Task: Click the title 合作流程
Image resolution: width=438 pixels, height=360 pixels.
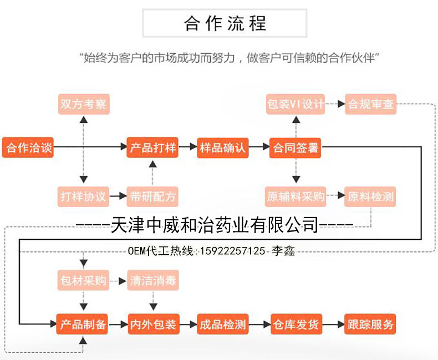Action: tap(225, 23)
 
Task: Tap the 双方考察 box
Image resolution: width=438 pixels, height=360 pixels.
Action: tap(84, 104)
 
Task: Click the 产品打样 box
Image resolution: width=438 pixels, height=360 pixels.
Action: tap(152, 148)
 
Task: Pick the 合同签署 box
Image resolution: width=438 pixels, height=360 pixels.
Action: tap(296, 148)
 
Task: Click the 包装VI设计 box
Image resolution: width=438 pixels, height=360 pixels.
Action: tap(295, 104)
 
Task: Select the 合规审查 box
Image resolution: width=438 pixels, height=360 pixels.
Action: tap(371, 104)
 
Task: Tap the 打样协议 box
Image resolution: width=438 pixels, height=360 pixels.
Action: tap(84, 196)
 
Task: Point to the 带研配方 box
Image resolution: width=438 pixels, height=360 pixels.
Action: tap(152, 196)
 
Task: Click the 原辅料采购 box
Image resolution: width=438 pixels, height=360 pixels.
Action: tap(295, 196)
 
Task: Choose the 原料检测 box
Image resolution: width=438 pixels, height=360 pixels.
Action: tap(371, 196)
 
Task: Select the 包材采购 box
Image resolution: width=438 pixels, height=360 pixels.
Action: tap(83, 280)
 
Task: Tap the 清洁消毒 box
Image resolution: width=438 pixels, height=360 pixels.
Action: tap(152, 280)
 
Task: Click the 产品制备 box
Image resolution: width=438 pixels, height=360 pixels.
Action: tap(83, 324)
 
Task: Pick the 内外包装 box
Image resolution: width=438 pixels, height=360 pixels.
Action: tap(152, 324)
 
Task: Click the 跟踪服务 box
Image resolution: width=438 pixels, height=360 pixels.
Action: tap(370, 324)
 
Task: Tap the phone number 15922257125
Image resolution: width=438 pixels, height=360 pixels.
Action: tap(232, 251)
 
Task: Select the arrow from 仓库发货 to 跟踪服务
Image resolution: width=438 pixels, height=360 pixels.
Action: tap(333, 324)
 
